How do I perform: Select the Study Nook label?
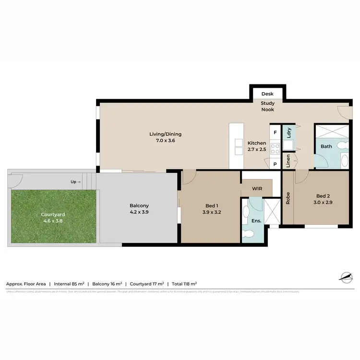[x=267, y=106]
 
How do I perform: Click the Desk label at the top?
[x=267, y=94]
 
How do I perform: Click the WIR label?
[x=257, y=188]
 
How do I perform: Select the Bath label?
[x=326, y=146]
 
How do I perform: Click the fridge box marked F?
[x=276, y=132]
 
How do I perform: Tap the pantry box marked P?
[x=276, y=164]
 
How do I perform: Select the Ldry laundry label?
[x=288, y=132]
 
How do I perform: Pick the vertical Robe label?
[x=288, y=199]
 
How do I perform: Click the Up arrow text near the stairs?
[x=76, y=182]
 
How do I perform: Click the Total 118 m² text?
[x=183, y=284]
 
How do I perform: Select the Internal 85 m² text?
[x=70, y=284]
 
